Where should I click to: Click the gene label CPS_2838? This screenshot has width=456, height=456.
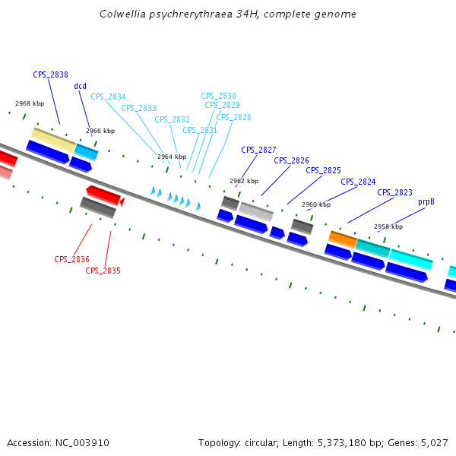point(50,75)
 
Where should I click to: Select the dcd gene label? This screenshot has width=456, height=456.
point(80,87)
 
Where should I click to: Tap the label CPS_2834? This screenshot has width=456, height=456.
point(108,97)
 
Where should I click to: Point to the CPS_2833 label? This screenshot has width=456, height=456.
point(138,109)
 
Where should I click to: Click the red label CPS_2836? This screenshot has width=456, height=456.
point(71,260)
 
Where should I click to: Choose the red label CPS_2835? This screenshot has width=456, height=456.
point(103,271)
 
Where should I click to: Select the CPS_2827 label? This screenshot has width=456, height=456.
point(258,150)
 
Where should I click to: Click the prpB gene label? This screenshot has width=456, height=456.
point(426,202)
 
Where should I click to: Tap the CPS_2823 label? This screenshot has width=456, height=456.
point(394,193)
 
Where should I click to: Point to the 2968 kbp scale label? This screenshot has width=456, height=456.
point(30,104)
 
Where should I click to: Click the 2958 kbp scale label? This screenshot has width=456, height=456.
point(388,227)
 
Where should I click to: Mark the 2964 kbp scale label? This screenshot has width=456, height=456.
point(172,157)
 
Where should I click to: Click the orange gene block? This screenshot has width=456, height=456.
point(343,239)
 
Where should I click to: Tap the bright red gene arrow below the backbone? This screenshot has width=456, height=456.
point(103,195)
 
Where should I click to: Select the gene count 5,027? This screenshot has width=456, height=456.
point(433,442)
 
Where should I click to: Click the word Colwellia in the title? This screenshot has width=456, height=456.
point(122,14)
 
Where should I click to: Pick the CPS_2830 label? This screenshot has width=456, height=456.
point(218,97)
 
